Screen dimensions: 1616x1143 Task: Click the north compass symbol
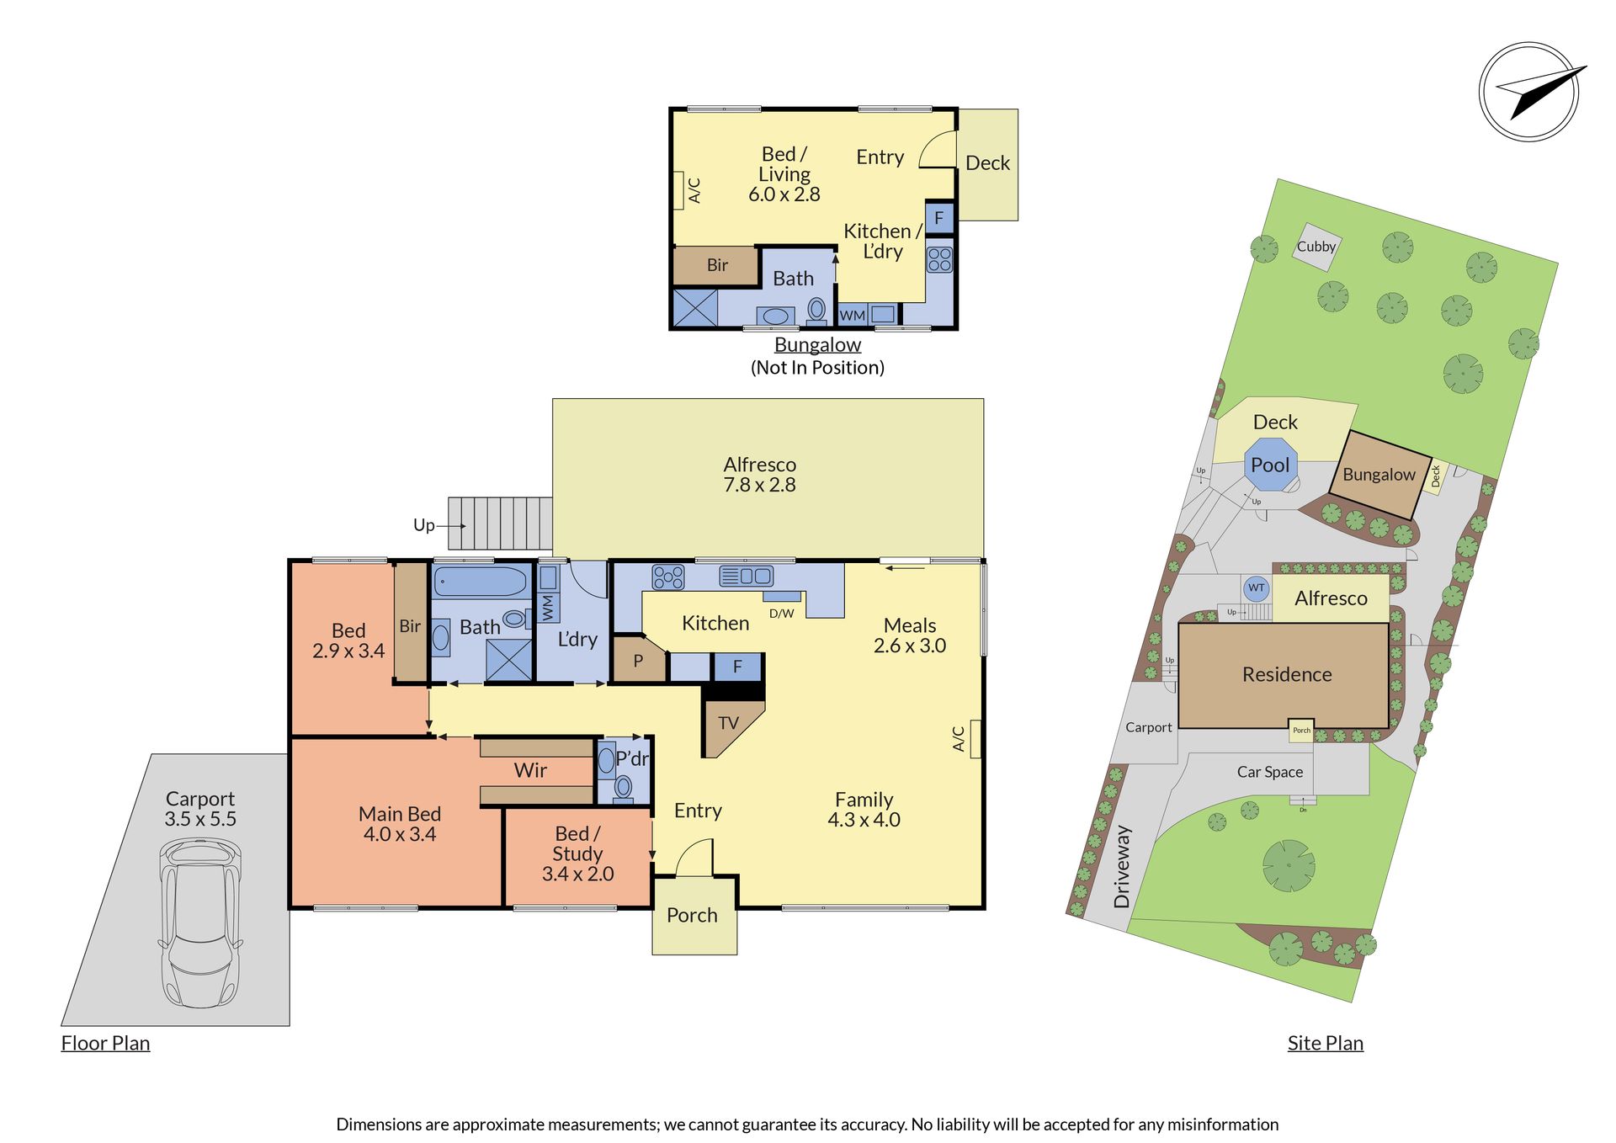1529,92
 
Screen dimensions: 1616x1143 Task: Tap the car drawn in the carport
200,922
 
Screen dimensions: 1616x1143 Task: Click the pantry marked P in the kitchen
639,659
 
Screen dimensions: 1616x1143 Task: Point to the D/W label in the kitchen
781,614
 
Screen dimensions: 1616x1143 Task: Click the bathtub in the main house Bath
481,582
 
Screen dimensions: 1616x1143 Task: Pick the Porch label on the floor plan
692,915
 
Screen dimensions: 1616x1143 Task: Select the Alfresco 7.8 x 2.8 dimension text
760,485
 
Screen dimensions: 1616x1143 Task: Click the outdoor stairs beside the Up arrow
500,524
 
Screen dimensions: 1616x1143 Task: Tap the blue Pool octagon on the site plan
1271,465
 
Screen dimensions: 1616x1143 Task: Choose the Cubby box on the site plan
1316,247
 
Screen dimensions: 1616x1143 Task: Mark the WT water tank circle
1256,587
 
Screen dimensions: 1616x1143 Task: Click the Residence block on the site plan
1284,675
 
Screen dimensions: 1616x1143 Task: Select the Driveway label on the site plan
1122,866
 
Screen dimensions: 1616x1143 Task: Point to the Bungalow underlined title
817,345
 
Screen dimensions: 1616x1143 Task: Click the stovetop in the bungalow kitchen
939,259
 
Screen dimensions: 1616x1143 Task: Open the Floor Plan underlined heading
105,1043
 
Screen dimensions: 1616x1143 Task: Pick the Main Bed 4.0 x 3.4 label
400,824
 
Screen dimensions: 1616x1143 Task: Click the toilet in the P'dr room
623,788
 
